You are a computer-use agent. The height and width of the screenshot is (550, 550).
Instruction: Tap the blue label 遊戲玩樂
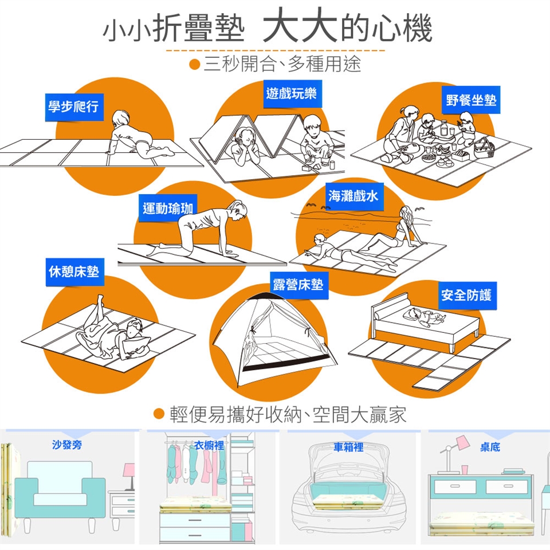click(291, 93)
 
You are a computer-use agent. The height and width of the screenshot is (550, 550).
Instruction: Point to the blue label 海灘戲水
click(353, 196)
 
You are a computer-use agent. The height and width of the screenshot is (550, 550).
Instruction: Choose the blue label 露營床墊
click(298, 284)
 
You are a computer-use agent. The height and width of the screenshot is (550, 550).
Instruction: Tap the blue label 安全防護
click(466, 296)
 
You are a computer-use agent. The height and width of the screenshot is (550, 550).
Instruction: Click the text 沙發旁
click(67, 445)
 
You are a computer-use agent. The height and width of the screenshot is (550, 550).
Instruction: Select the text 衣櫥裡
click(209, 445)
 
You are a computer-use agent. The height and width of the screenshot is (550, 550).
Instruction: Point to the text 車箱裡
click(348, 447)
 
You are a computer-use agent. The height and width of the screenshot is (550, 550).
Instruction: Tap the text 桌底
click(490, 447)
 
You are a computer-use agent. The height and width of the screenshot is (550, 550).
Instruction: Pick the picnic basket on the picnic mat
click(484, 148)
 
